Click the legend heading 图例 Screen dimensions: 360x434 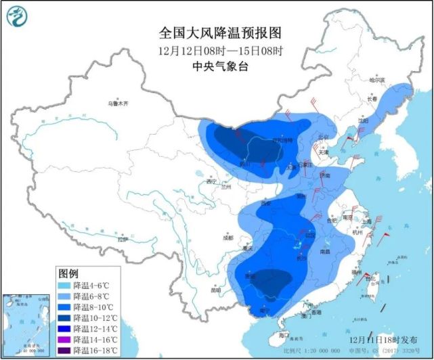click(69, 274)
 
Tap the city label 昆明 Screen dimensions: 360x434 click(216, 290)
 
